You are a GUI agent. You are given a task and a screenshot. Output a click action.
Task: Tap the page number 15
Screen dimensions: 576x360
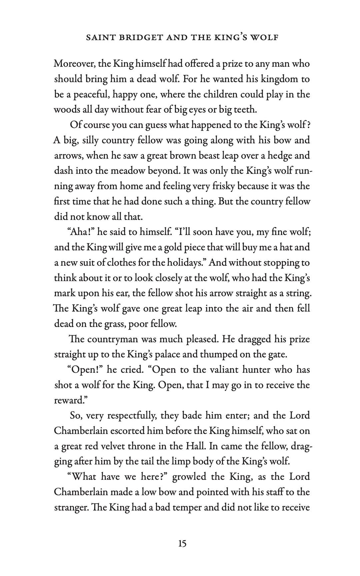click(x=182, y=544)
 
